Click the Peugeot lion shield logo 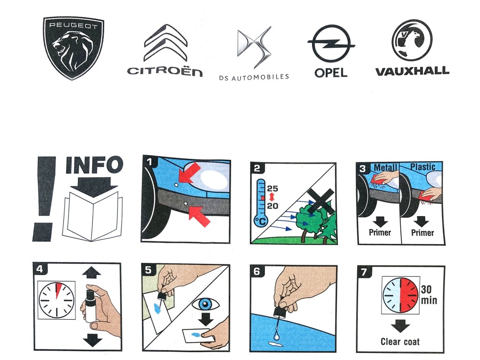click(73, 48)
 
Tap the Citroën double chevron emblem click(165, 43)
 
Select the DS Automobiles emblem click(255, 47)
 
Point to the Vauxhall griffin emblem click(412, 40)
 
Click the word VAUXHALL click(412, 71)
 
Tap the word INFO click(95, 165)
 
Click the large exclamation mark click(45, 199)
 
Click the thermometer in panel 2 click(261, 203)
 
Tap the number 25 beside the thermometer click(272, 188)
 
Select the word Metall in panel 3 click(385, 167)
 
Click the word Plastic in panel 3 click(423, 167)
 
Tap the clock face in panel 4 click(57, 300)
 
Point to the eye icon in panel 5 click(205, 304)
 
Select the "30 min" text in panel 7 click(428, 295)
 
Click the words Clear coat click(400, 342)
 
